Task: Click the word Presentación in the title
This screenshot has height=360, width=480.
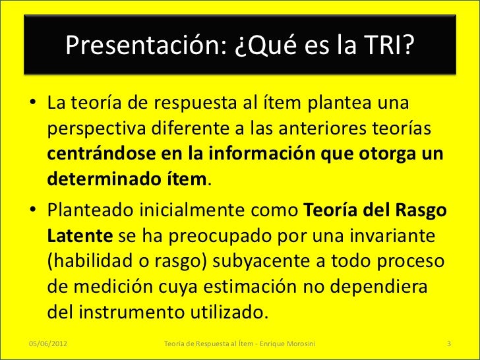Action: click(142, 46)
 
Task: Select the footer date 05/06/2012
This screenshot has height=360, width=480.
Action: click(51, 344)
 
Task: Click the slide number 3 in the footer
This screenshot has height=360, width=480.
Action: click(448, 344)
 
